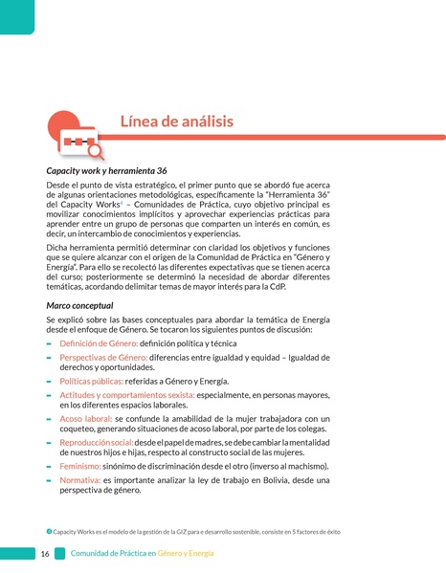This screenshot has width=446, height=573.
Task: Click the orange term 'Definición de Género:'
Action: click(x=98, y=342)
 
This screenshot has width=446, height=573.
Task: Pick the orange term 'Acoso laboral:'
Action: click(x=86, y=419)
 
